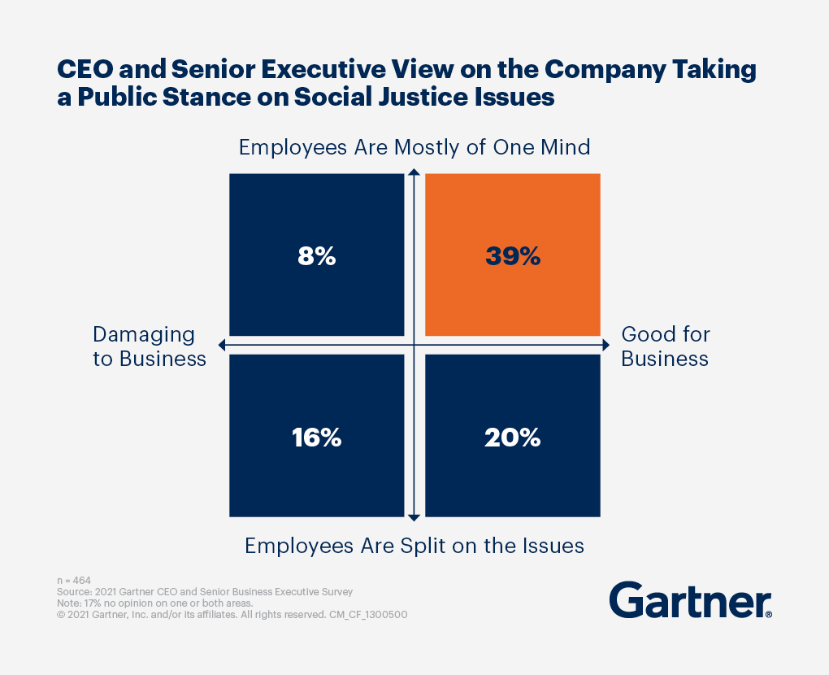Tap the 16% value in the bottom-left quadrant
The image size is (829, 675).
click(x=317, y=438)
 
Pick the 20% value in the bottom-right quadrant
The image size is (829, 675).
click(x=513, y=438)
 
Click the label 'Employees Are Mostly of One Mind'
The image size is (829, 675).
click(x=414, y=148)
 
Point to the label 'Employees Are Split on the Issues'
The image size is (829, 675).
click(x=414, y=545)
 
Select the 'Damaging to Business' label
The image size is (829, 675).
click(x=150, y=346)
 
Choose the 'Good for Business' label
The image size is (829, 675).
click(x=666, y=346)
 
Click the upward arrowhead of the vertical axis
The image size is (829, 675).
click(x=414, y=172)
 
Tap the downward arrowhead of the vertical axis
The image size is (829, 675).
click(x=414, y=516)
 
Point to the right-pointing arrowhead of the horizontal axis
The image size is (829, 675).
click(x=605, y=346)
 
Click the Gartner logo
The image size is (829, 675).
click(x=690, y=600)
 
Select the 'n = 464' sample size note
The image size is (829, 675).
click(x=74, y=581)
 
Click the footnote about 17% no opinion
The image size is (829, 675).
click(x=155, y=603)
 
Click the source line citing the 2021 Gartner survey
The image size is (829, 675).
click(x=204, y=592)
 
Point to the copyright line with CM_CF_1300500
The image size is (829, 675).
click(x=232, y=615)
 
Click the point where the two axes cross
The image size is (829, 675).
click(x=414, y=346)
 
